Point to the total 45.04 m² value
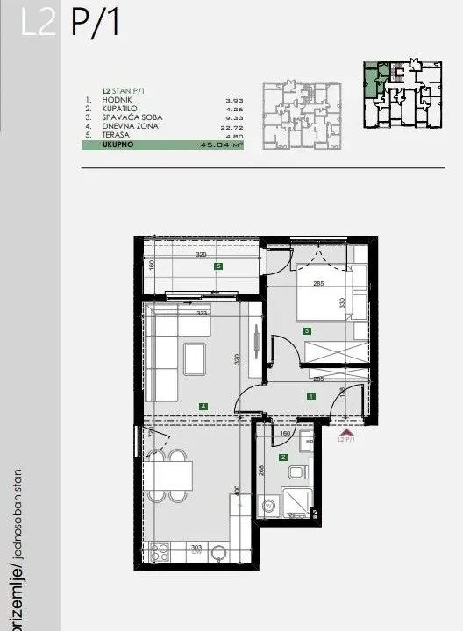pos(221,145)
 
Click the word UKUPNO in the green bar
pos(118,145)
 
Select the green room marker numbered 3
pos(306,331)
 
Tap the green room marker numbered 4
pos(203,406)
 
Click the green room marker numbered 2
pos(283,457)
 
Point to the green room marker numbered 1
pos(310,396)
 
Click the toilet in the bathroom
pos(296,473)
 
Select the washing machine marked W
pos(268,506)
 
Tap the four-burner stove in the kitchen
pos(160,551)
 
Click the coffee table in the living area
pos(195,358)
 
